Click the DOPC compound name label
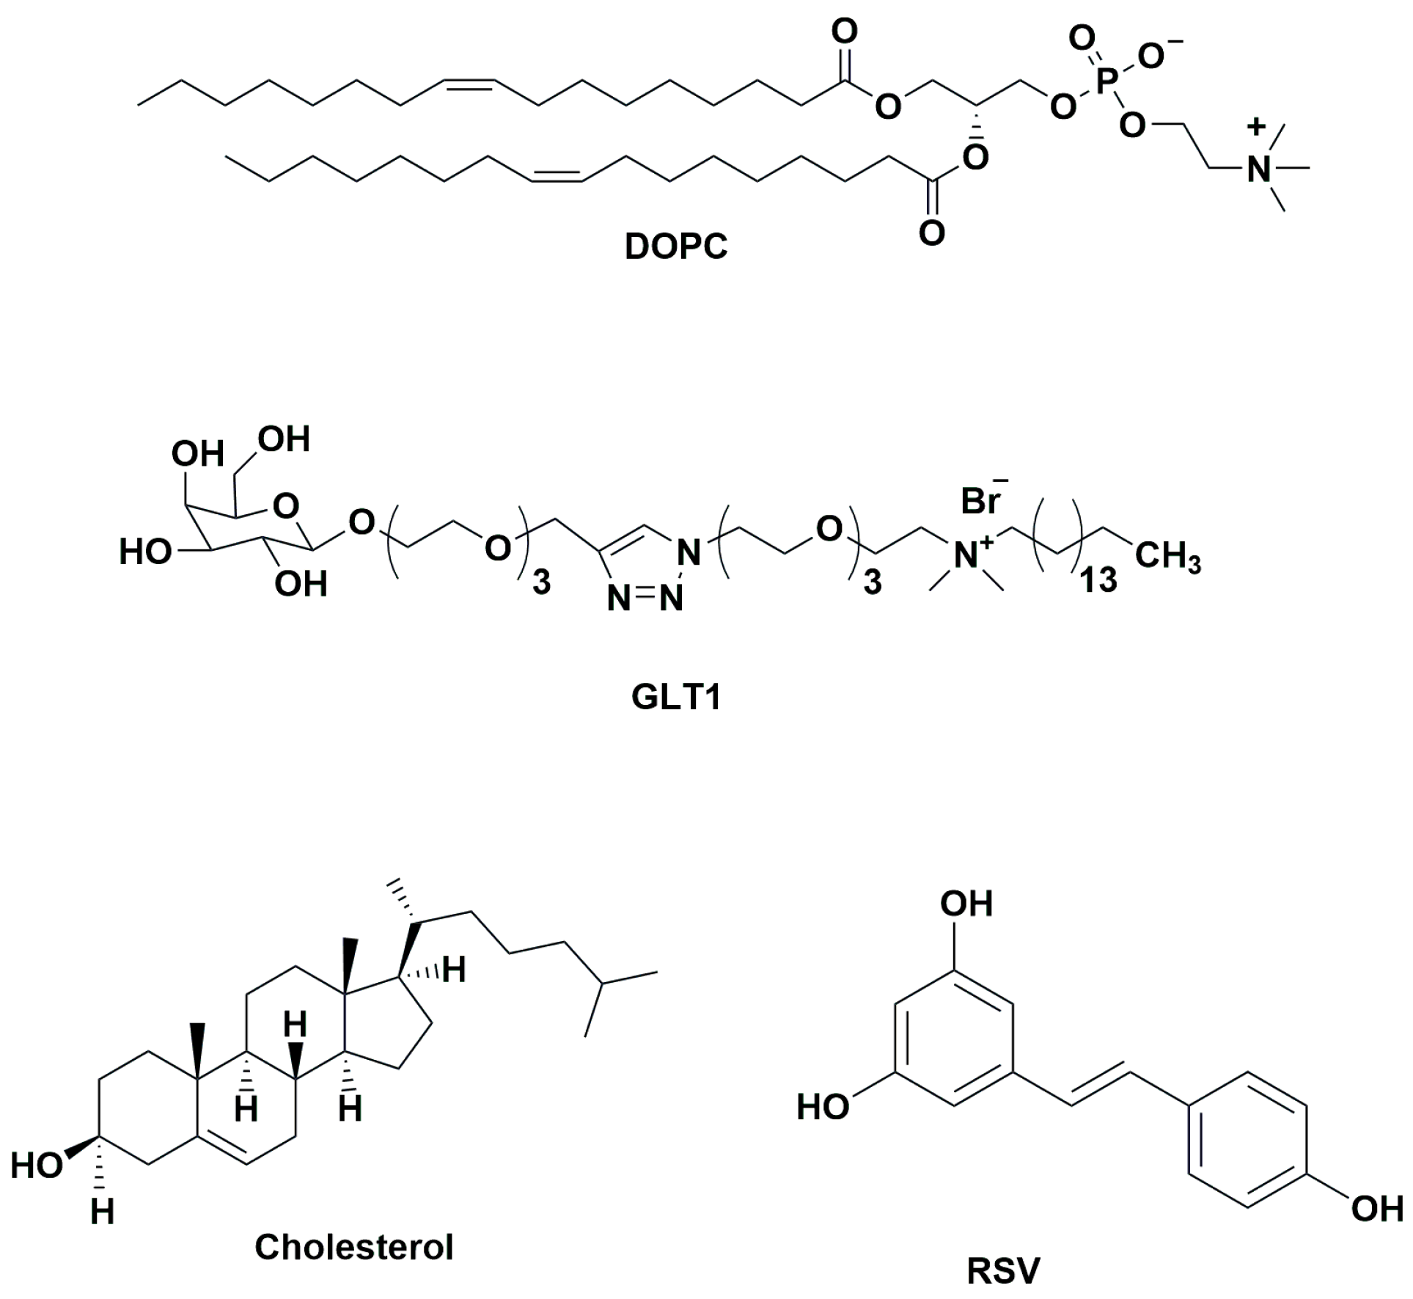(675, 247)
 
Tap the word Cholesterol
(353, 1246)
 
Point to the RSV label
(1002, 1271)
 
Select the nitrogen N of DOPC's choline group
(1258, 170)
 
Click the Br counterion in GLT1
(980, 502)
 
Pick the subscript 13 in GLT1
(1098, 580)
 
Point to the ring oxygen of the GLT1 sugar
(285, 505)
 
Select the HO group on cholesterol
(35, 1165)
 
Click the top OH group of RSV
(966, 904)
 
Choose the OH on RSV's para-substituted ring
(1376, 1208)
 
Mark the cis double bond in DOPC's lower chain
(557, 174)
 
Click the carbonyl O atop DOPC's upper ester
(845, 32)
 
